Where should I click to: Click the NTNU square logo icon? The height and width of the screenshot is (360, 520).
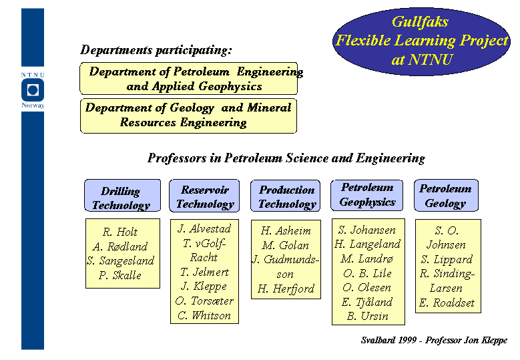coord(33,90)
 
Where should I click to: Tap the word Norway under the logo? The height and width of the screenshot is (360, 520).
coord(33,106)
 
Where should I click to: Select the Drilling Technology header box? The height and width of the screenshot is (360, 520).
coord(122,196)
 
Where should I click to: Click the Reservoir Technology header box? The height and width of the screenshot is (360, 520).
coord(204,196)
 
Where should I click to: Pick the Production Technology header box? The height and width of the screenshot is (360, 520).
coord(286,196)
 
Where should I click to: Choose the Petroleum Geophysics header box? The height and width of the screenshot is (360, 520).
coord(366,196)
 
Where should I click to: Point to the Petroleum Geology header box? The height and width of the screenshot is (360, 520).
coord(447,196)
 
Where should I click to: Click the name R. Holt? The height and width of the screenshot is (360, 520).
coord(119,232)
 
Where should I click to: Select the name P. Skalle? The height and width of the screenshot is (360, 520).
coord(119,275)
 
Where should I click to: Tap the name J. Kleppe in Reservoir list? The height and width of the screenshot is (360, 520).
coord(204,287)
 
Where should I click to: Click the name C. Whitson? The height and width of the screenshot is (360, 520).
coord(204,315)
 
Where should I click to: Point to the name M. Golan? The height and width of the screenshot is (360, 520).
coord(285,245)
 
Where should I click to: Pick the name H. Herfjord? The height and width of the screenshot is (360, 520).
coord(286,289)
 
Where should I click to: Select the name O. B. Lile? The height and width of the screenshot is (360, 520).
coord(367,273)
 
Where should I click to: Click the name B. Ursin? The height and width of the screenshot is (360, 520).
coord(367,316)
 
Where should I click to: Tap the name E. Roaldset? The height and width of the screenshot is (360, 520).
coord(447,303)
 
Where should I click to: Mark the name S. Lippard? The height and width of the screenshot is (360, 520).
coord(447,259)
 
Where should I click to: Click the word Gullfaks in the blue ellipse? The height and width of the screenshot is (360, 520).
coord(420,22)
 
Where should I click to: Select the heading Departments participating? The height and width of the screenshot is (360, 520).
coord(156,50)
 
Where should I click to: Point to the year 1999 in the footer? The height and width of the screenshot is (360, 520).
coord(408,340)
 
